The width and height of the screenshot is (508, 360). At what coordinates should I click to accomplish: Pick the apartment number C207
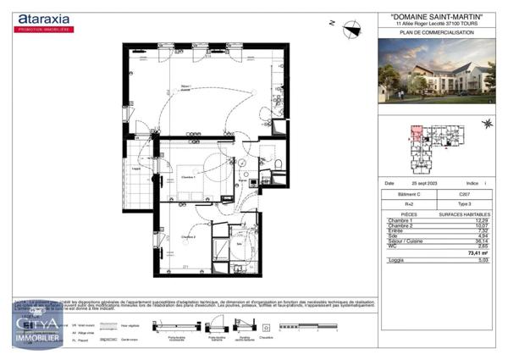coord(464,195)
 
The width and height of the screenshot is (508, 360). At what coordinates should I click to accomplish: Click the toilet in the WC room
coord(277,162)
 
